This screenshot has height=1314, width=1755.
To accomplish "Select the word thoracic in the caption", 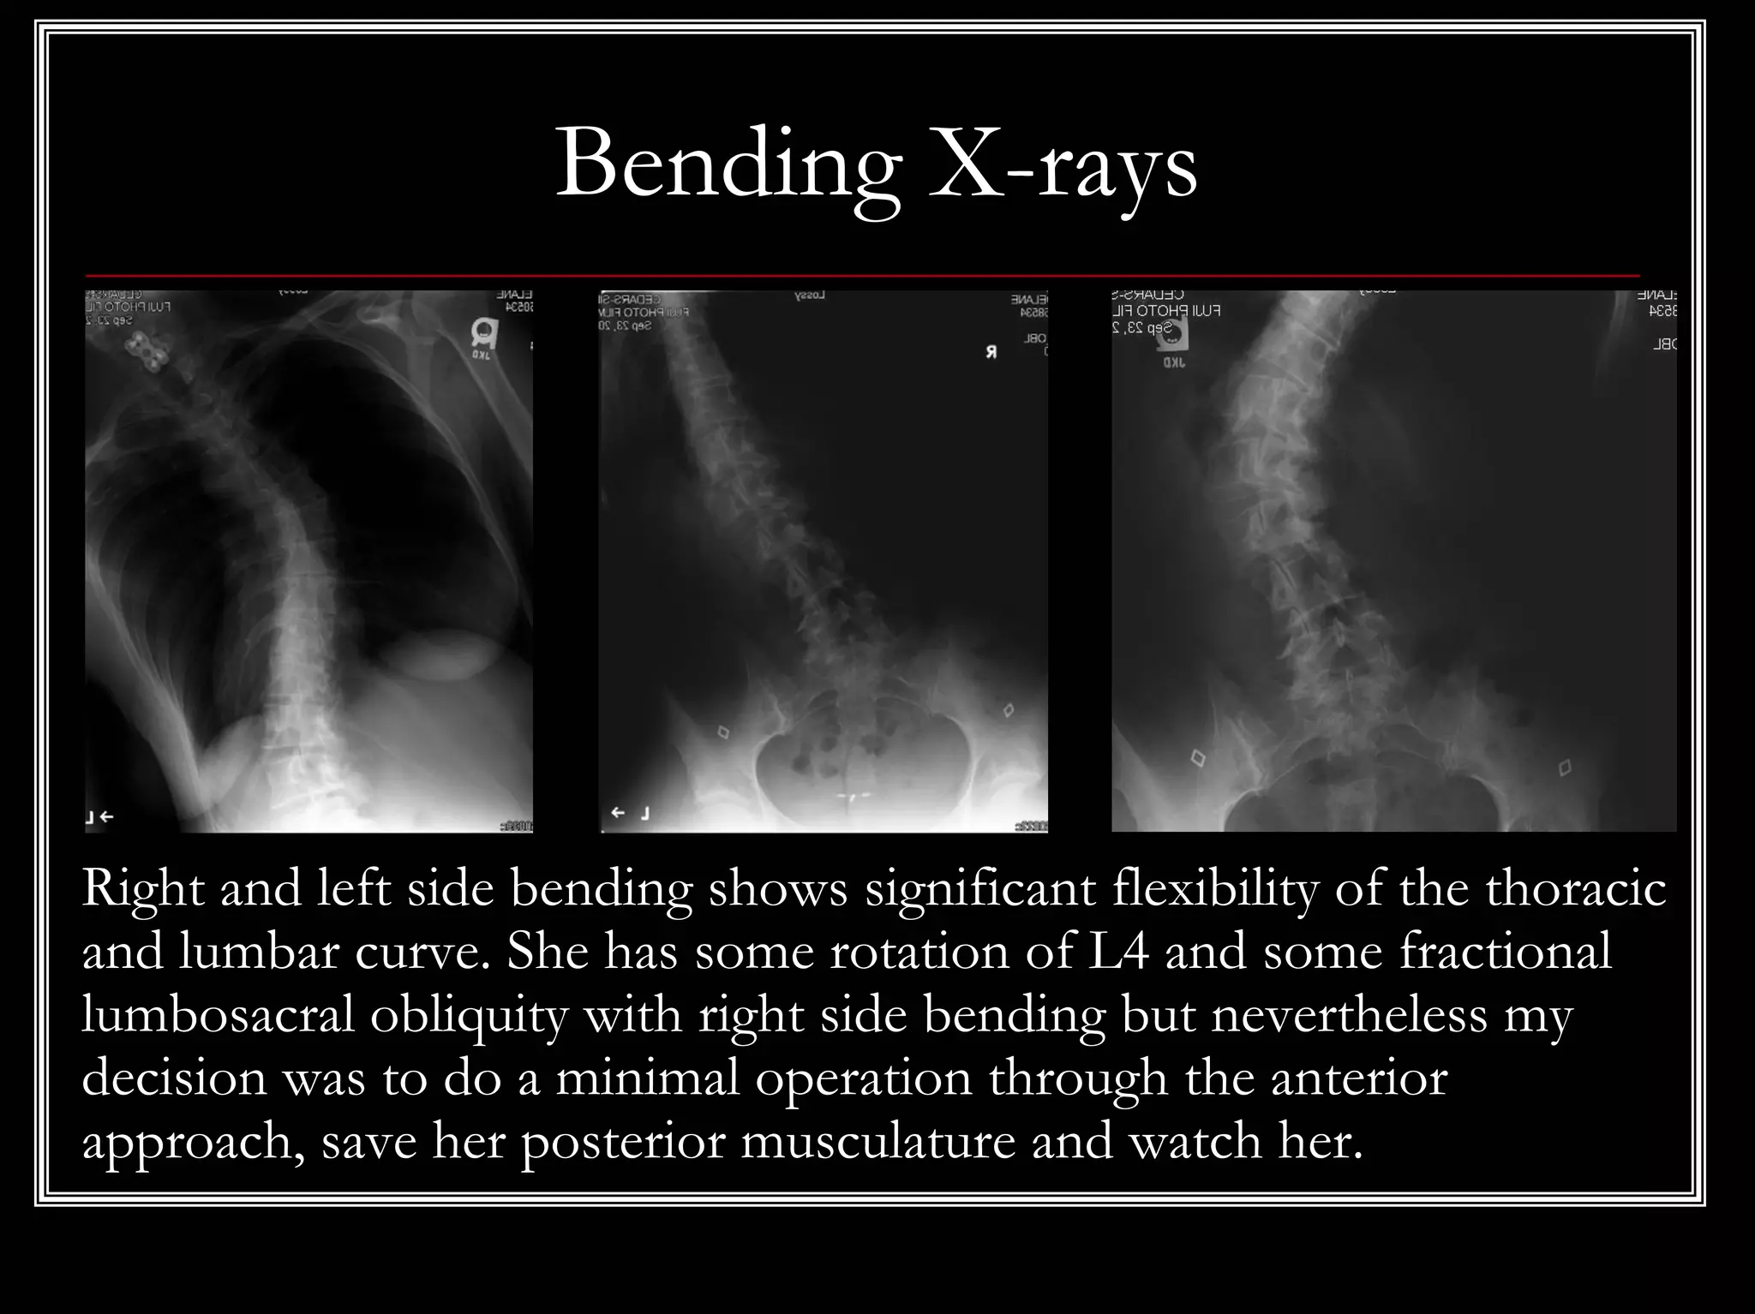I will [1575, 889].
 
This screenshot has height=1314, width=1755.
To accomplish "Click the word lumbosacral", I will [218, 1016].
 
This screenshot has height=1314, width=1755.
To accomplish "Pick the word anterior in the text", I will [1359, 1078].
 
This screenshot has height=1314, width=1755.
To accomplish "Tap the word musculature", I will [877, 1142].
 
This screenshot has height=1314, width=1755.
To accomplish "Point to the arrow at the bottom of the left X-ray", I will [106, 817].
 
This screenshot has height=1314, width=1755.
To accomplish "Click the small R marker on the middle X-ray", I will [991, 352].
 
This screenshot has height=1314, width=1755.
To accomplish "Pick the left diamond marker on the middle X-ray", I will [723, 732].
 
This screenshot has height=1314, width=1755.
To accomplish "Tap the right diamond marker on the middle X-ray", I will [1008, 710].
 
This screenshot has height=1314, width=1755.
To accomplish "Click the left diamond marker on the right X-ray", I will [1197, 757].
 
